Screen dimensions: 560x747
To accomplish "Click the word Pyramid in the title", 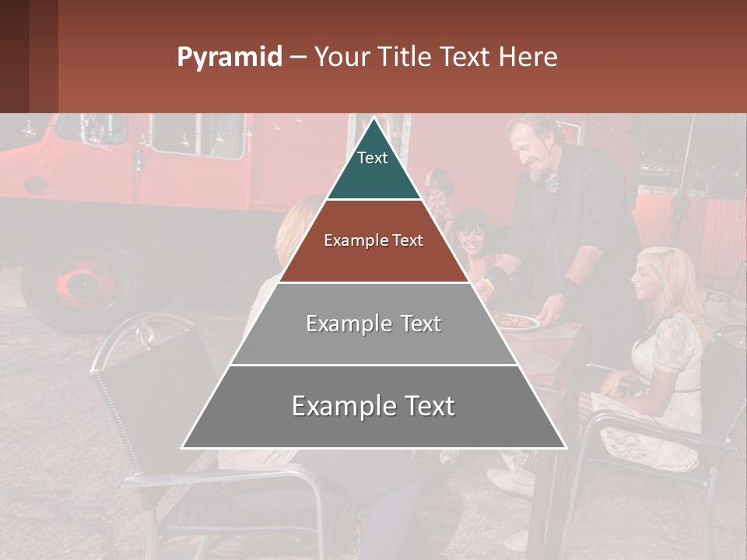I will pyautogui.click(x=229, y=58).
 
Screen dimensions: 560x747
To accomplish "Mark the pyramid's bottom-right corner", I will pyautogui.click(x=565, y=447).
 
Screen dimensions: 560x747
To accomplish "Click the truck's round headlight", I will pyautogui.click(x=35, y=185).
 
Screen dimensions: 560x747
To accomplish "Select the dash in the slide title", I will pyautogui.click(x=298, y=58).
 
